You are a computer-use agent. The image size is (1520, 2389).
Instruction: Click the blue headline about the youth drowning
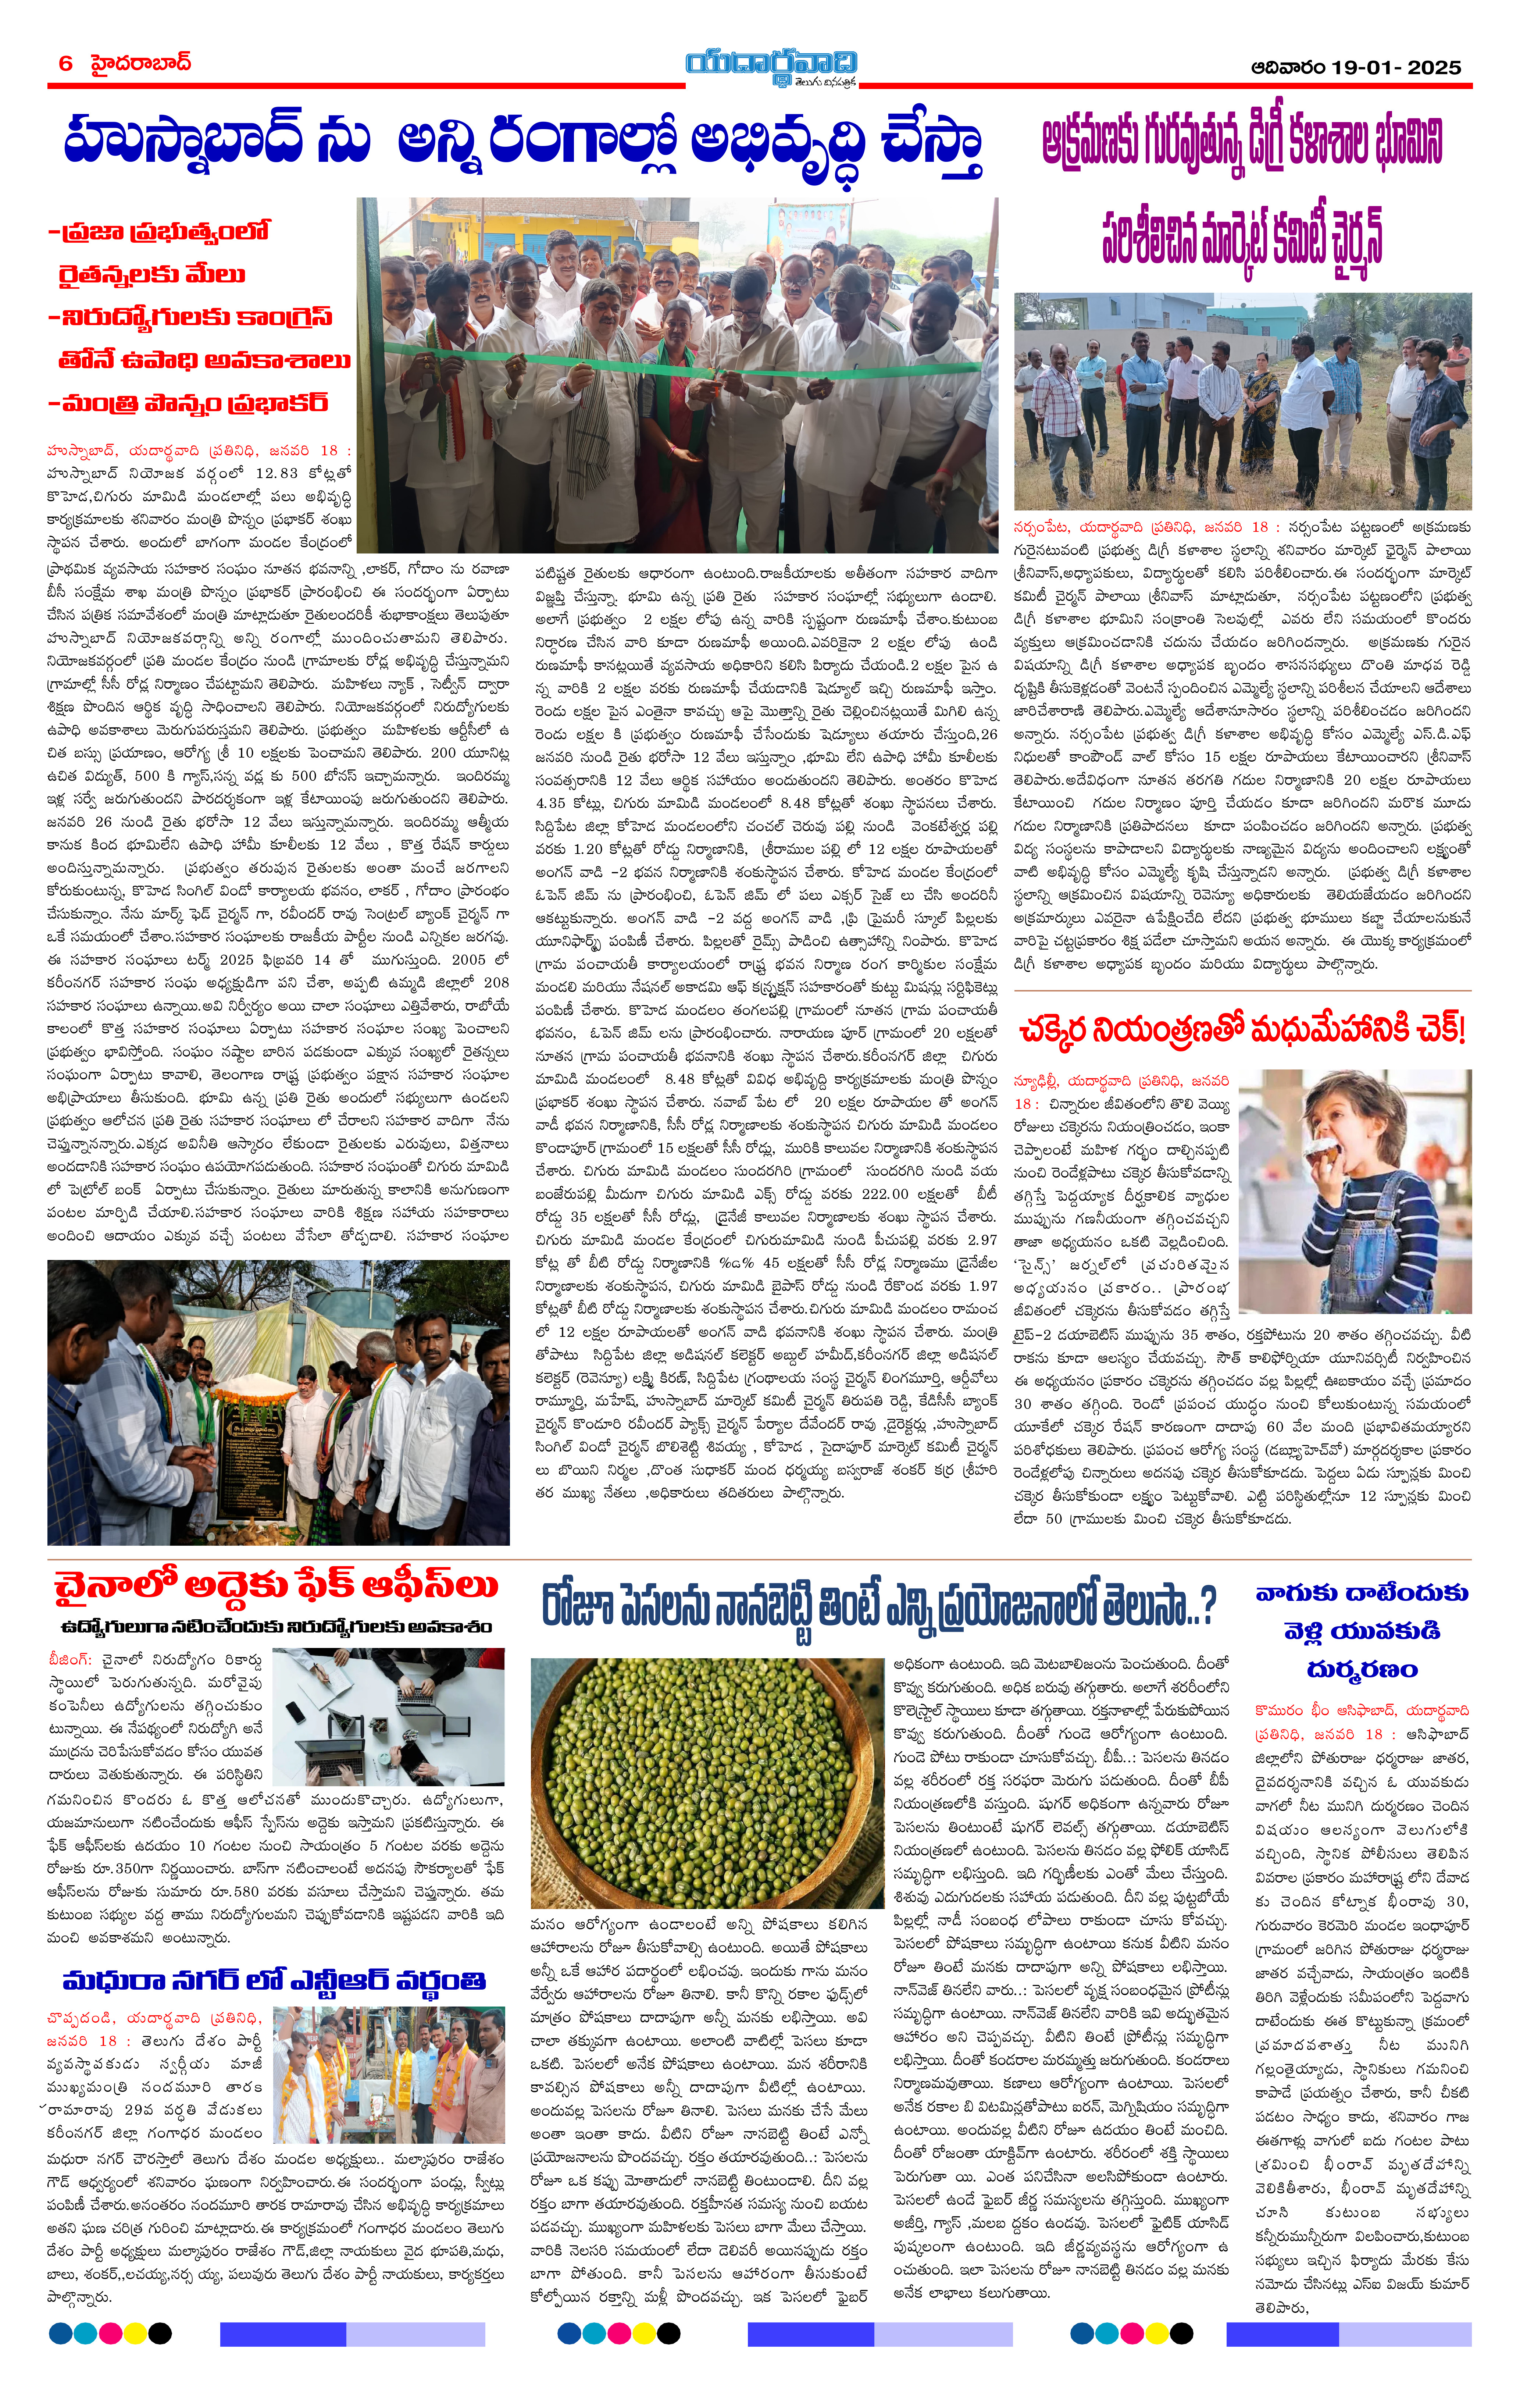tap(1361, 1631)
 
